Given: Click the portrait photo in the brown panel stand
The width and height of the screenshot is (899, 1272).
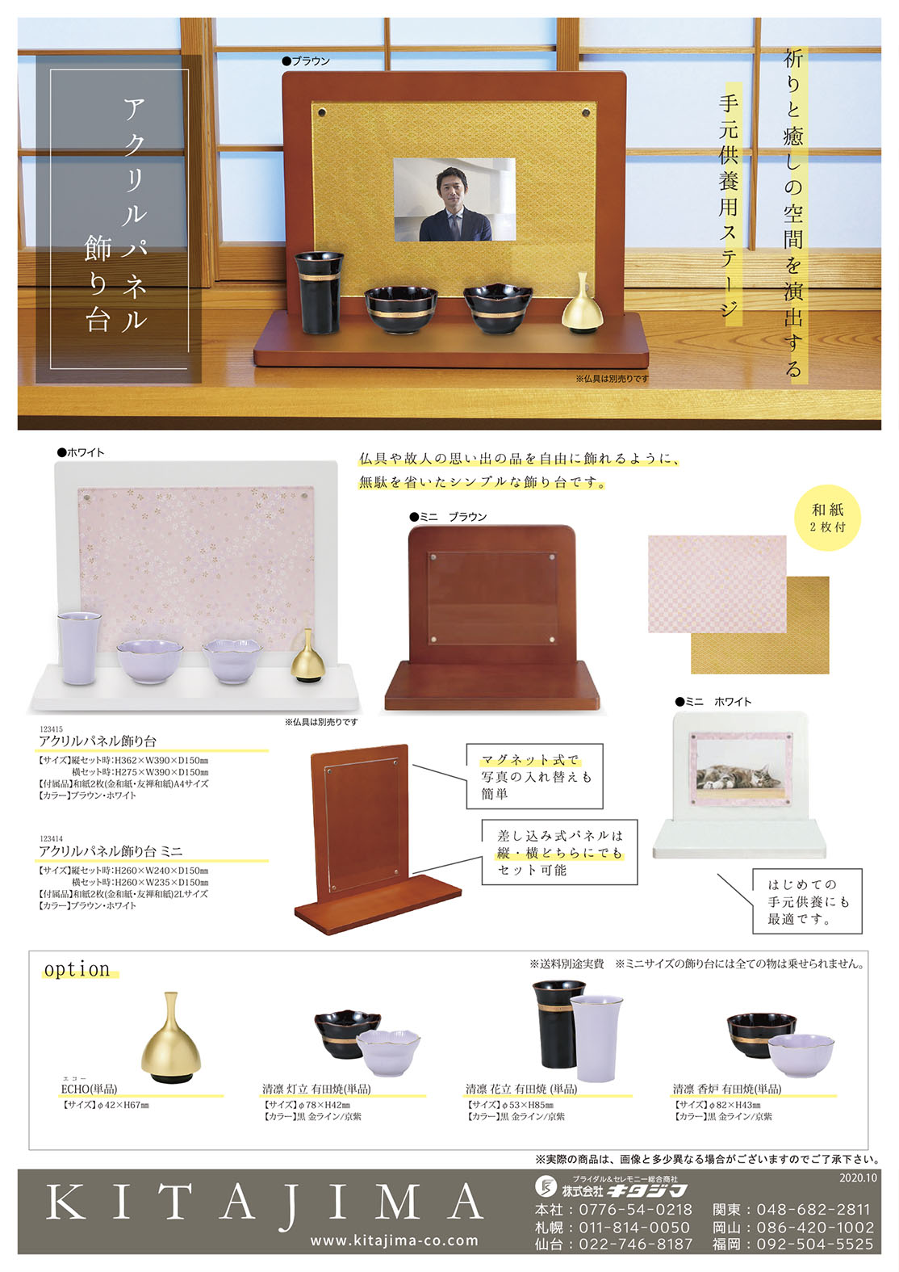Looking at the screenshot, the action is pyautogui.click(x=454, y=199).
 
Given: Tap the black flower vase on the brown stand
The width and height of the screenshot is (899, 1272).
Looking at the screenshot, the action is pyautogui.click(x=319, y=292).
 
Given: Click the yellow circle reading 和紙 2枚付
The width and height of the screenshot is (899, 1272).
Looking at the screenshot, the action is pyautogui.click(x=828, y=518).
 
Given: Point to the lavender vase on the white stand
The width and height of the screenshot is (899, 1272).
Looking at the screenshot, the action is pyautogui.click(x=79, y=648).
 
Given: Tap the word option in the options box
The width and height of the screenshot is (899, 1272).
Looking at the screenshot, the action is pyautogui.click(x=77, y=969).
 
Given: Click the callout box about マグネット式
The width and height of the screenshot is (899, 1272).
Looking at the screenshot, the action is pyautogui.click(x=534, y=776).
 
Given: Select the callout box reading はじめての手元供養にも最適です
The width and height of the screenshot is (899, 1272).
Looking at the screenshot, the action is pyautogui.click(x=807, y=901).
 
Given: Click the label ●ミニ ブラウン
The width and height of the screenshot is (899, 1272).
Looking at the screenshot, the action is pyautogui.click(x=449, y=517).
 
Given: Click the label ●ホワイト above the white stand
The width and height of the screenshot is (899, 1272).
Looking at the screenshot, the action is pyautogui.click(x=81, y=452).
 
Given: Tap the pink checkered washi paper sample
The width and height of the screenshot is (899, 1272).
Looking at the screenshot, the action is pyautogui.click(x=717, y=583).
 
